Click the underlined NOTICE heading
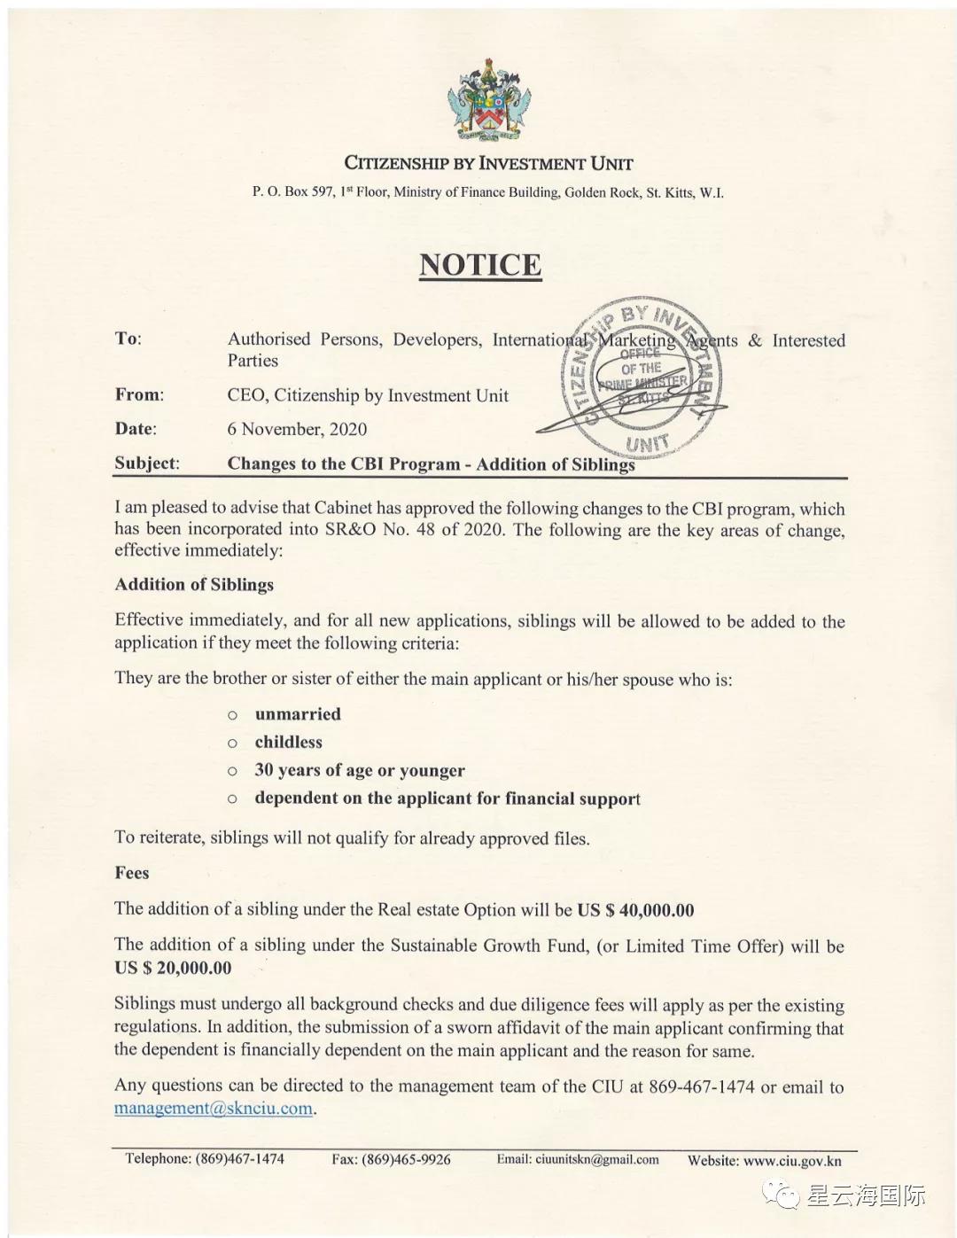480,265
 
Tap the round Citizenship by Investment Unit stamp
642,377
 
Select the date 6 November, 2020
297,429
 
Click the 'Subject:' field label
146,463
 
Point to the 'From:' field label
139,395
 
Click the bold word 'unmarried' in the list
298,714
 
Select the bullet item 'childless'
289,743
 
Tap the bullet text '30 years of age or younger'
360,770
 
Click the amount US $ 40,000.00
635,910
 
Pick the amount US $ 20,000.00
173,968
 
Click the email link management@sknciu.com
214,1109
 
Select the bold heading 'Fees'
132,873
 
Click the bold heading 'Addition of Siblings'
194,585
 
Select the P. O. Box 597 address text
487,192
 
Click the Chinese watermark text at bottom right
865,1195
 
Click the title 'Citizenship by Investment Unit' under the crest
488,163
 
